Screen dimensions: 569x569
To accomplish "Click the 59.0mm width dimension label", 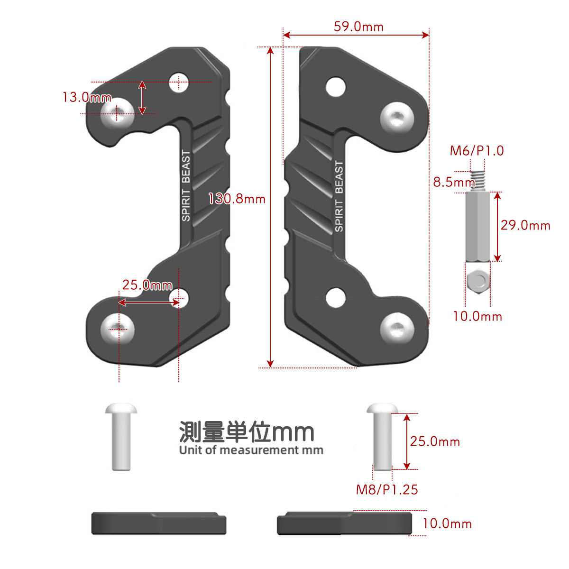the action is click(x=358, y=27).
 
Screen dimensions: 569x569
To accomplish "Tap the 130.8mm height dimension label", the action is click(x=237, y=199).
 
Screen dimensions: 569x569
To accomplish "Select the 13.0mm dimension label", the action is click(x=87, y=98).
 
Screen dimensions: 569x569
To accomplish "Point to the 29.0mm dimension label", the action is click(x=525, y=225).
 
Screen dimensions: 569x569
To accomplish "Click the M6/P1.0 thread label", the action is click(x=477, y=151).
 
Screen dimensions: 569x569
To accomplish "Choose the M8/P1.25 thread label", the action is click(x=387, y=490).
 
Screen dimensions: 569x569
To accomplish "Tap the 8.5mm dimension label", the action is click(x=454, y=182).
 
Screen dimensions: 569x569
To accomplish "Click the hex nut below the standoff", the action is click(x=478, y=281).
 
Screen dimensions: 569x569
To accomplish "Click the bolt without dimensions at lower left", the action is click(x=121, y=437).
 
